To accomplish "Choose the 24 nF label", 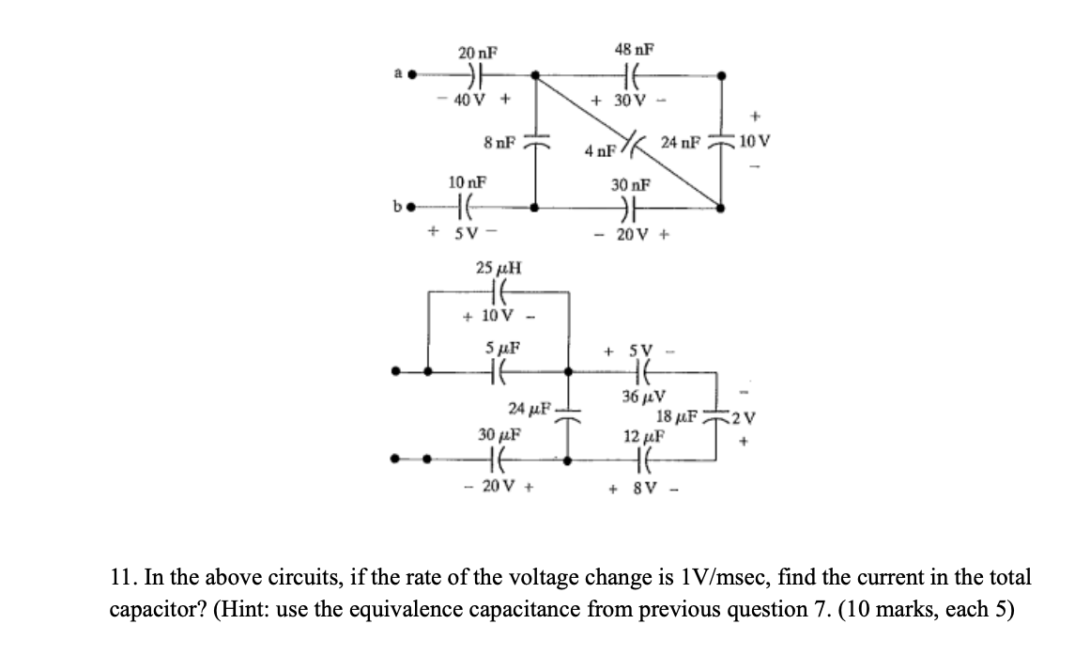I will click(x=680, y=143).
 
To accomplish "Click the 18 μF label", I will click(x=677, y=416).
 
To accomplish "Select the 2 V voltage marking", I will click(x=745, y=416).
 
